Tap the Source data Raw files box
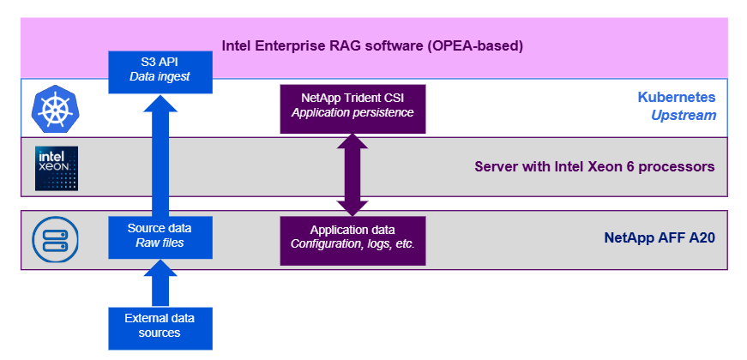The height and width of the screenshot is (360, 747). (x=160, y=236)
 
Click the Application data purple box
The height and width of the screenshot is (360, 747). (x=352, y=236)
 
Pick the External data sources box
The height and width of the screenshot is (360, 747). (x=160, y=326)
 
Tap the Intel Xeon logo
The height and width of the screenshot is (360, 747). (x=57, y=168)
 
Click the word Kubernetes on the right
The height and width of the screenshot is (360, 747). (x=677, y=97)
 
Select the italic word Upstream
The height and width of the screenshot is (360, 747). (x=684, y=115)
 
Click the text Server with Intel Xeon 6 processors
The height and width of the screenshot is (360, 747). (x=594, y=166)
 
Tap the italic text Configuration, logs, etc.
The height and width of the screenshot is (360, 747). (x=352, y=243)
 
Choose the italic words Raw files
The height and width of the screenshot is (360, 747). (x=160, y=243)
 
